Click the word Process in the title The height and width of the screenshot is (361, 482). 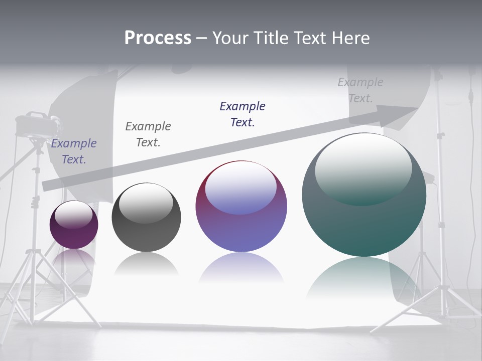pyautogui.click(x=158, y=38)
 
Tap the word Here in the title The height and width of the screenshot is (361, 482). pyautogui.click(x=350, y=38)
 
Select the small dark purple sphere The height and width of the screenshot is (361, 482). pyautogui.click(x=74, y=225)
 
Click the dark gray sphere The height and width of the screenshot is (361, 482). pyautogui.click(x=146, y=217)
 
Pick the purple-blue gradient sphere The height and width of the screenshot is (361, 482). pyautogui.click(x=241, y=206)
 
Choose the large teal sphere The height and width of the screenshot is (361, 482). pyautogui.click(x=364, y=195)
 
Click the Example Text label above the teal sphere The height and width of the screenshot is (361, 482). pyautogui.click(x=360, y=90)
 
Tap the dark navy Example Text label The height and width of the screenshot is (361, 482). pyautogui.click(x=243, y=114)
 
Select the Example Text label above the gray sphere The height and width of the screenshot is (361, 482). pyautogui.click(x=148, y=134)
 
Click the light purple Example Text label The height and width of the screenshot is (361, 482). pyautogui.click(x=74, y=151)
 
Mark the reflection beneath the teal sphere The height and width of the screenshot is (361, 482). pyautogui.click(x=364, y=276)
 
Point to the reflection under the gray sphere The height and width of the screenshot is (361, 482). pyautogui.click(x=146, y=263)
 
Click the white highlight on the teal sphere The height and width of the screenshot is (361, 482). pyautogui.click(x=364, y=168)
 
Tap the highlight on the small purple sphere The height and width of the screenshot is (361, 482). pyautogui.click(x=74, y=214)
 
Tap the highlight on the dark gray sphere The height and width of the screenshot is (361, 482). pyautogui.click(x=146, y=203)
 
